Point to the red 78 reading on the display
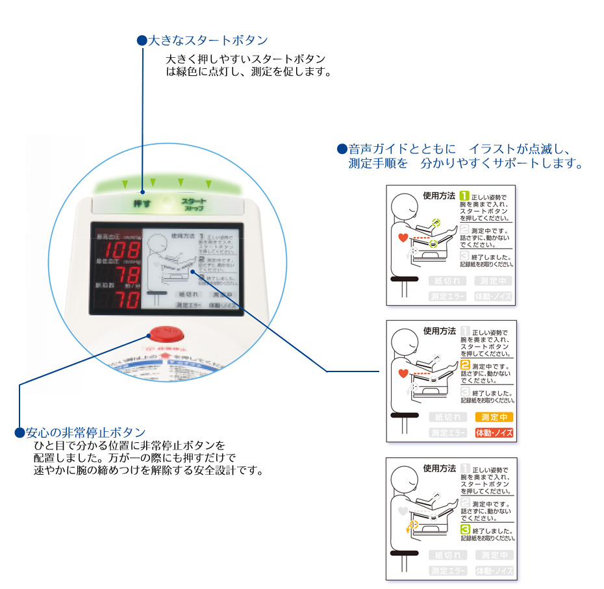[127, 276]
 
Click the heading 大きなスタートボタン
[207, 40]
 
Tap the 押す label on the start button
[142, 203]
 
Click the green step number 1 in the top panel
[464, 195]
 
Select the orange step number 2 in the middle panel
[464, 365]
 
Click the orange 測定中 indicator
[494, 417]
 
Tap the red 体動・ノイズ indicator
[494, 432]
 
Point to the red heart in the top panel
[403, 238]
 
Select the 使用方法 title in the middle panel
[439, 331]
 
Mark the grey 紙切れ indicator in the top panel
[447, 281]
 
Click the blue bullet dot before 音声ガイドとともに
[341, 149]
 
